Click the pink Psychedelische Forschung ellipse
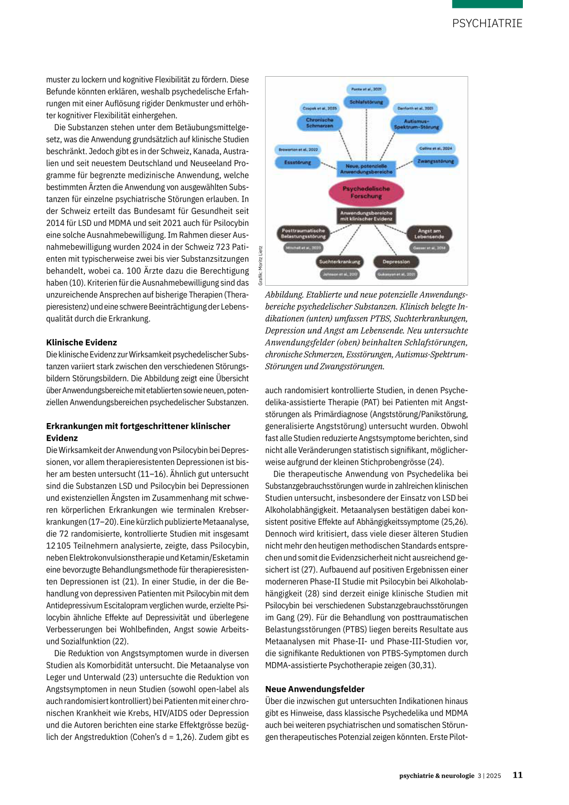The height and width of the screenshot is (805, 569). pyautogui.click(x=366, y=192)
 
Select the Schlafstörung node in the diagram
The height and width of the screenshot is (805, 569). pyautogui.click(x=366, y=102)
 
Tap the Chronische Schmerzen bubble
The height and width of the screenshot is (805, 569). pyautogui.click(x=320, y=123)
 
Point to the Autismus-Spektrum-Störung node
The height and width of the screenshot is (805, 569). pyautogui.click(x=416, y=124)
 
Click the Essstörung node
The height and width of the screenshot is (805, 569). pyautogui.click(x=298, y=162)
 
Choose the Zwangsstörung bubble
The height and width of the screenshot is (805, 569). pyautogui.click(x=436, y=161)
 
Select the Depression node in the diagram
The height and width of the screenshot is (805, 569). pyautogui.click(x=396, y=262)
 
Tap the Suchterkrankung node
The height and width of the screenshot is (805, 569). pyautogui.click(x=340, y=262)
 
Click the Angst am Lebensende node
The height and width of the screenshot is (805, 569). pyautogui.click(x=429, y=233)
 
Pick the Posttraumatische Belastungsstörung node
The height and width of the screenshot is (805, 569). pyautogui.click(x=303, y=233)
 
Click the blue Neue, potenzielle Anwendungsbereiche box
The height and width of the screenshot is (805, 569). pyautogui.click(x=366, y=169)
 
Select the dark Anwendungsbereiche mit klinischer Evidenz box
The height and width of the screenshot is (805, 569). pyautogui.click(x=366, y=216)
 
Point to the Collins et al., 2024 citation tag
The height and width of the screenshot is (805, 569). pyautogui.click(x=436, y=148)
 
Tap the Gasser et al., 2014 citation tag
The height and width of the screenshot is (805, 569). pyautogui.click(x=429, y=248)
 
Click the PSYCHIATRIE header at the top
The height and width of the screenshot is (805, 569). pyautogui.click(x=487, y=23)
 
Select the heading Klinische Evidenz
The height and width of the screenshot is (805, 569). pyautogui.click(x=82, y=342)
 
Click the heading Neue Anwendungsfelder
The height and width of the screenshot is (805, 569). pyautogui.click(x=315, y=689)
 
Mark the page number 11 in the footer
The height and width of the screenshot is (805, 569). pyautogui.click(x=517, y=775)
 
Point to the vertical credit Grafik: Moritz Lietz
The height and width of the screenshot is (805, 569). pyautogui.click(x=260, y=266)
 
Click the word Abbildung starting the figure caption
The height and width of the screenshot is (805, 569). pyautogui.click(x=284, y=295)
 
